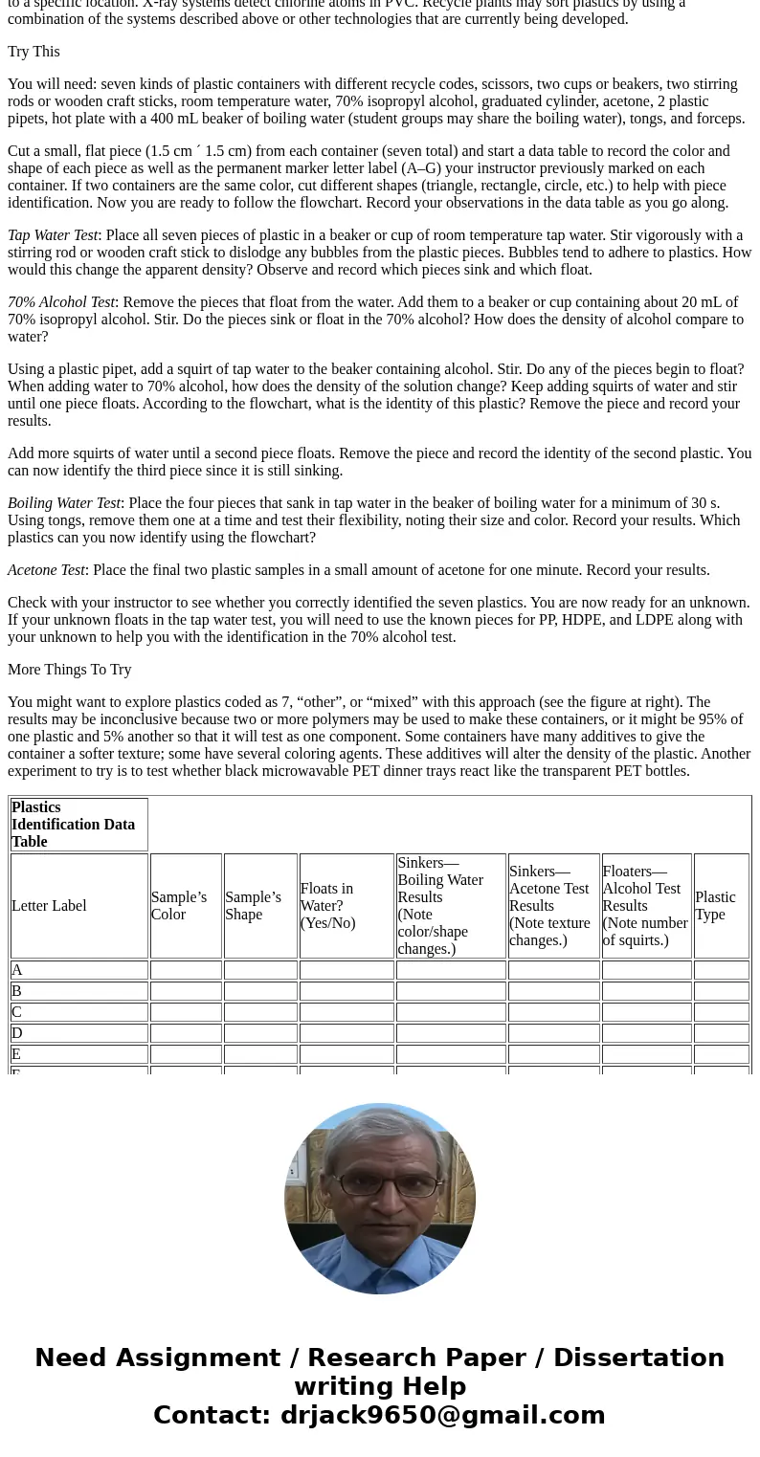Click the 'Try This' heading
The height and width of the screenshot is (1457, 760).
coord(34,52)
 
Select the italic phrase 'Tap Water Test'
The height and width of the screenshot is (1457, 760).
coord(53,235)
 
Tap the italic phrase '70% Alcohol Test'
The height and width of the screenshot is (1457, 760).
coord(61,302)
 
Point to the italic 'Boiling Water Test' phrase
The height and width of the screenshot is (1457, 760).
coord(64,503)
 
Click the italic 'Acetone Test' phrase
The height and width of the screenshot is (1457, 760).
coord(46,570)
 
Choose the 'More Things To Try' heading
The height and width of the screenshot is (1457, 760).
coord(69,670)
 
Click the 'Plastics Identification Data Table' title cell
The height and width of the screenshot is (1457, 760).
coord(73,825)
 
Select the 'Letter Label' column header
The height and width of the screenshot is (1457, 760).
coord(49,906)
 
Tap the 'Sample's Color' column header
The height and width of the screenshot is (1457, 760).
coord(179,906)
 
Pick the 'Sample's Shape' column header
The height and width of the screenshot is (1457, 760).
coord(253,906)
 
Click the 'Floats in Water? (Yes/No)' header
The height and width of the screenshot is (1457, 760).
coord(327,906)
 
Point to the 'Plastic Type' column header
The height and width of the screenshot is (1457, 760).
coord(715,906)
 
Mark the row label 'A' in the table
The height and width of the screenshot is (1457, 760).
coord(17,970)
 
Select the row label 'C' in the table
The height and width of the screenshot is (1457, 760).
coord(17,1012)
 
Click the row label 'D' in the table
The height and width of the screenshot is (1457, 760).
coord(17,1033)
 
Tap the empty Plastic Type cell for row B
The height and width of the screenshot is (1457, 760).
coord(721,991)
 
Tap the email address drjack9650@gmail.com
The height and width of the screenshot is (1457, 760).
coord(442,1416)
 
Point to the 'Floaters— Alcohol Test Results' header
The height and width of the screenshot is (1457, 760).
coord(645,906)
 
